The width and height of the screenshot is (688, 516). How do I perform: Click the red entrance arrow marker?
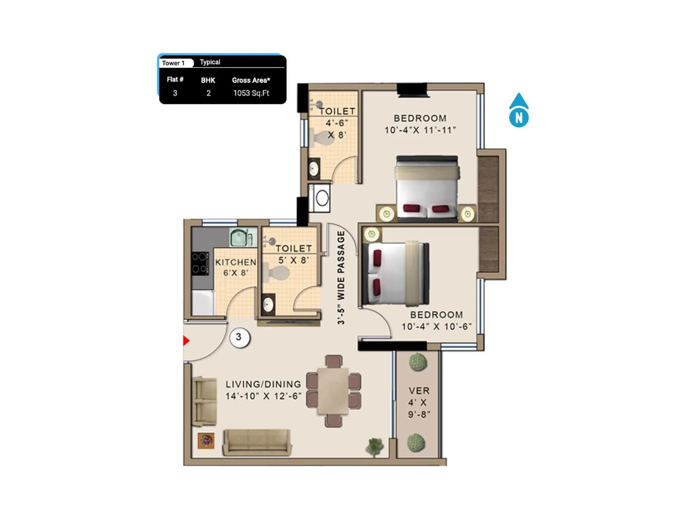point(186,341)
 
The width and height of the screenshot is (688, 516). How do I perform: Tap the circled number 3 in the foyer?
point(239,338)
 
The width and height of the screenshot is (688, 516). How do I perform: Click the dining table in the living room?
point(333,391)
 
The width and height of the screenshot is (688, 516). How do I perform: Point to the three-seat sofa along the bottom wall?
point(257,442)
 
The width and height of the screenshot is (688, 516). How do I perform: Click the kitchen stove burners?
point(200,263)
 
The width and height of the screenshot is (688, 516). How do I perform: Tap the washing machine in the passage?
point(320,198)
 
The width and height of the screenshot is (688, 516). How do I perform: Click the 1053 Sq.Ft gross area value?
point(251,93)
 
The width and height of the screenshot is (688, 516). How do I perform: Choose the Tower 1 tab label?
point(174,63)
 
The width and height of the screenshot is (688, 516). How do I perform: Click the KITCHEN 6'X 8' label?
point(235,267)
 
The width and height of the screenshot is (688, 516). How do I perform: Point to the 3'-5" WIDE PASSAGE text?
point(341,277)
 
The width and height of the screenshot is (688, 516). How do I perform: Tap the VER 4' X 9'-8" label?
point(419,402)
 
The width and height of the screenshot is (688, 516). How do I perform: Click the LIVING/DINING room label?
point(263,390)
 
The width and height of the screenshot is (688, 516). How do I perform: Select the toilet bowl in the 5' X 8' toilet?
point(277,273)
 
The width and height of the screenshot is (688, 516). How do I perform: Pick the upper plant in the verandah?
point(418,362)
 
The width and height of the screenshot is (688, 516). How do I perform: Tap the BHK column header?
point(208,80)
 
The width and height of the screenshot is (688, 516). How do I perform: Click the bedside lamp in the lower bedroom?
point(372,234)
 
